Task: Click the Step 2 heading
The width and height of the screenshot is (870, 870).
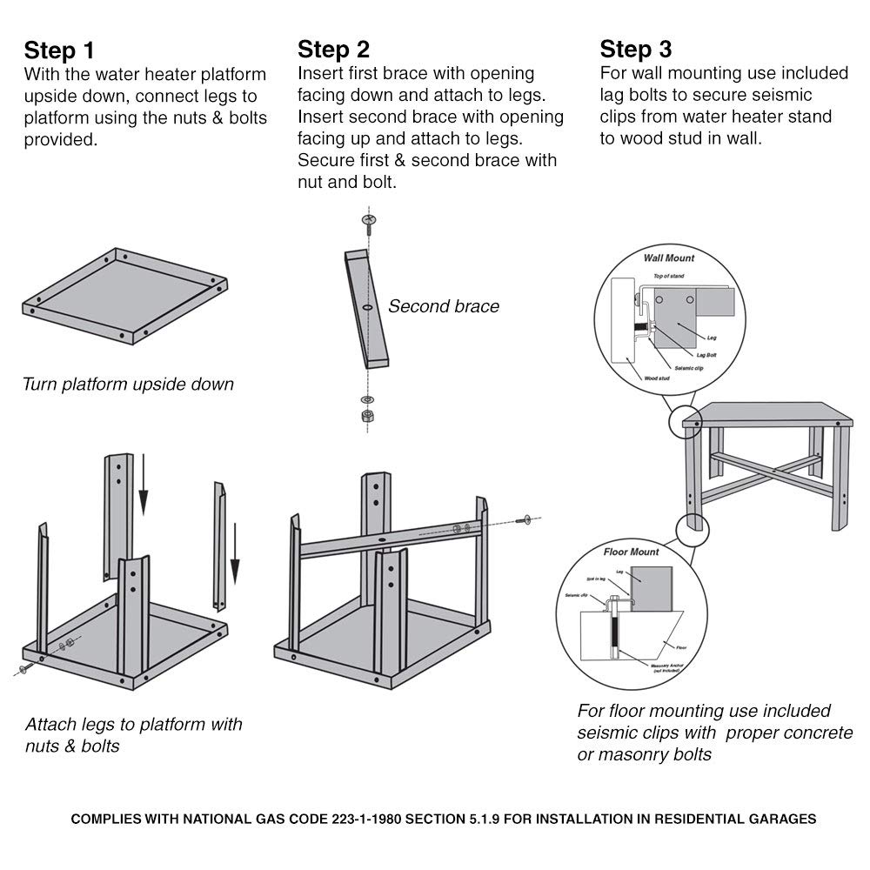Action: coord(334,47)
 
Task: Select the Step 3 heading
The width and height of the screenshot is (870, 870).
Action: coord(636,47)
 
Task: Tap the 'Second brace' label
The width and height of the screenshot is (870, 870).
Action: coord(444,306)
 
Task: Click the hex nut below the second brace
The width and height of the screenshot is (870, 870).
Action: coord(367,415)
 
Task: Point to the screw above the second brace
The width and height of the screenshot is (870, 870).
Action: coord(369,224)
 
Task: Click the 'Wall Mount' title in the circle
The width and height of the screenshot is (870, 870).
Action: coord(668,258)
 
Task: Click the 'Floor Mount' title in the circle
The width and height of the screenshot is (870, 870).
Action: coord(631,552)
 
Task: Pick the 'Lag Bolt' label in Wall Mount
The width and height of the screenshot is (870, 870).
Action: coord(706,355)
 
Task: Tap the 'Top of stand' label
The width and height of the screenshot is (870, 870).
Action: coord(669,276)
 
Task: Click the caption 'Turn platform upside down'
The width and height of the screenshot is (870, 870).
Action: coord(128,384)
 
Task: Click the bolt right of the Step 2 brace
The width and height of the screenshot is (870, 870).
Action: coord(525,520)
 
